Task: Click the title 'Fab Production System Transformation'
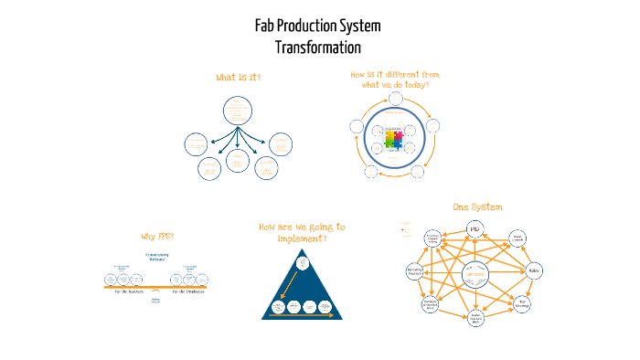[x=317, y=37]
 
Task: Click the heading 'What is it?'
[x=238, y=78]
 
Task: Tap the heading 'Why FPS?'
[x=157, y=237]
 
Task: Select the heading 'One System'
[x=476, y=207]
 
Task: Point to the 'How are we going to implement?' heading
[x=302, y=232]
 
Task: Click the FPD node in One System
[x=475, y=228]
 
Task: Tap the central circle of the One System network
[x=475, y=273]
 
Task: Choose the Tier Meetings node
[x=522, y=304]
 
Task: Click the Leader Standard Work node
[x=475, y=318]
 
